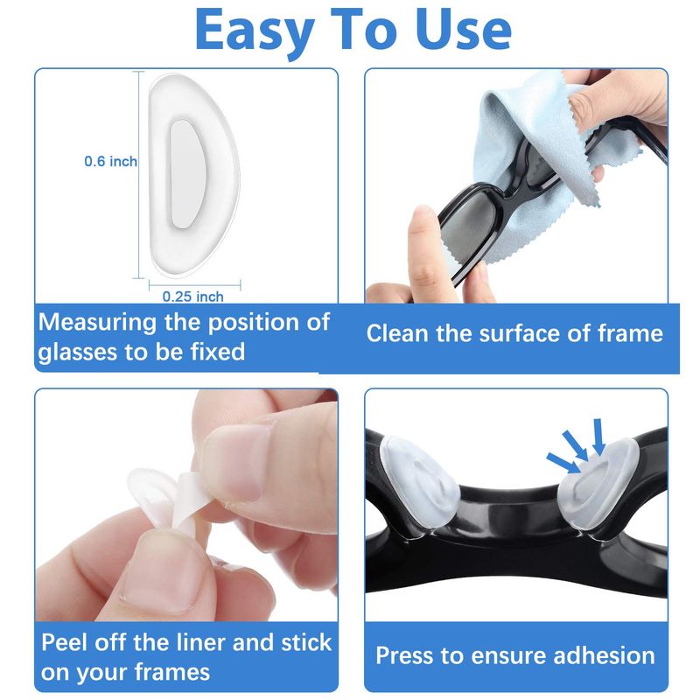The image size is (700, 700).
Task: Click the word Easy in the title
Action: pyautogui.click(x=255, y=31)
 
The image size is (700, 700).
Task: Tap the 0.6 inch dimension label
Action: pyautogui.click(x=111, y=161)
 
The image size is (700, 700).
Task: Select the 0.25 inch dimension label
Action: pyautogui.click(x=192, y=297)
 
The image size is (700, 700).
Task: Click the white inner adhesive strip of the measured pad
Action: pyautogui.click(x=186, y=174)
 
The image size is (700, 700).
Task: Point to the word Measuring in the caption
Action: pyautogui.click(x=98, y=323)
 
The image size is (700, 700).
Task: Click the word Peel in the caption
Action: pyautogui.click(x=64, y=642)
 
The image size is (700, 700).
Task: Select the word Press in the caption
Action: pyautogui.click(x=405, y=655)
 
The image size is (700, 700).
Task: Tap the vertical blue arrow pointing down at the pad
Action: pyautogui.click(x=598, y=437)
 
